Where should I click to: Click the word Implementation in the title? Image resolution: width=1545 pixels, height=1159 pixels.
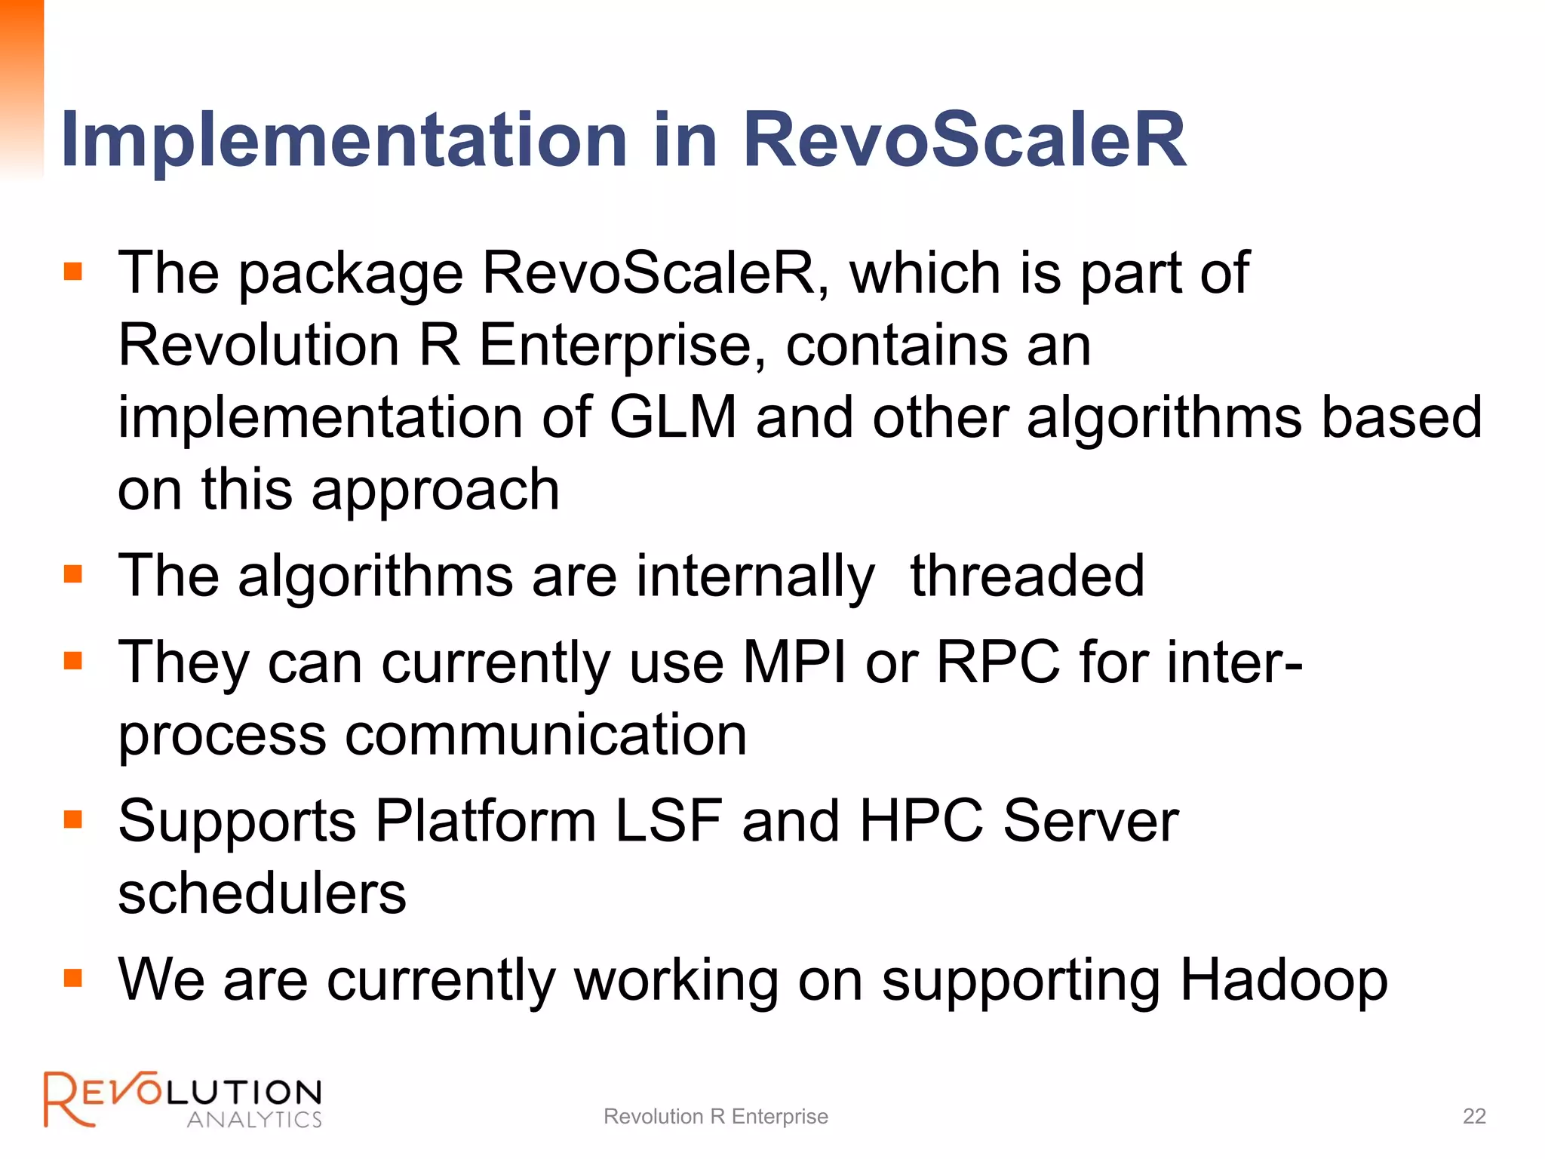pyautogui.click(x=343, y=140)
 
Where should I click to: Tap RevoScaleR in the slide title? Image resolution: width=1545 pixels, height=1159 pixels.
pyautogui.click(x=964, y=140)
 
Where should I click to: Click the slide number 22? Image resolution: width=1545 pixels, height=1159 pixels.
pyautogui.click(x=1474, y=1116)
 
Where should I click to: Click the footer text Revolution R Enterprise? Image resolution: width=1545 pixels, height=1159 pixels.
pyautogui.click(x=715, y=1116)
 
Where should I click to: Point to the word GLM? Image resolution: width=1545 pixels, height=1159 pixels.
pyautogui.click(x=672, y=417)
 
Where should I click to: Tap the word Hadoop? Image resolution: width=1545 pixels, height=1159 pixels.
pyautogui.click(x=1283, y=980)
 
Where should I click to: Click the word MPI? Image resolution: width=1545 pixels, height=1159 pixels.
pyautogui.click(x=794, y=663)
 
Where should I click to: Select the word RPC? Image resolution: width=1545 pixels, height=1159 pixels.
pyautogui.click(x=997, y=663)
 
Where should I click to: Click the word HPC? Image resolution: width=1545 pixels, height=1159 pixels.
pyautogui.click(x=921, y=821)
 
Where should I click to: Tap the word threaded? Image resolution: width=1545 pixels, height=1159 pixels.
pyautogui.click(x=1027, y=576)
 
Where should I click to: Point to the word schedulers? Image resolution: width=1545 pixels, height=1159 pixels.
pyautogui.click(x=262, y=893)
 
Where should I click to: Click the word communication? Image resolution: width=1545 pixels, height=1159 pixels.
pyautogui.click(x=545, y=735)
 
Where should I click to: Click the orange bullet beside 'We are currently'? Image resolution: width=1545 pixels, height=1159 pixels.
pyautogui.click(x=73, y=979)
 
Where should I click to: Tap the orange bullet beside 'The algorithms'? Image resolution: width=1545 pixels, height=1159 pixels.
pyautogui.click(x=73, y=575)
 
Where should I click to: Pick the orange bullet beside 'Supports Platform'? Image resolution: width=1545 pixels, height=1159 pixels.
pyautogui.click(x=73, y=819)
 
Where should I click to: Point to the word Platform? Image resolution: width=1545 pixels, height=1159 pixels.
pyautogui.click(x=486, y=821)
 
